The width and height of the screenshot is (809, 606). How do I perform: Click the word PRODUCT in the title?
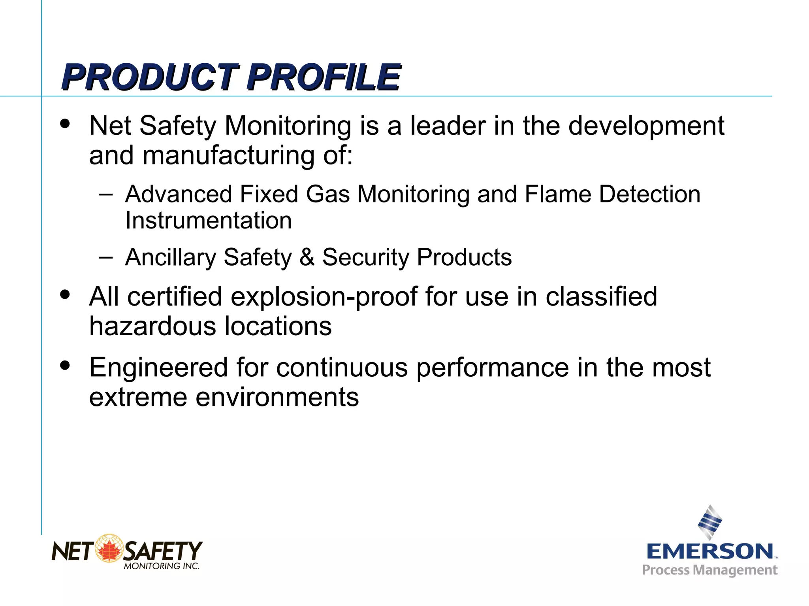pos(150,77)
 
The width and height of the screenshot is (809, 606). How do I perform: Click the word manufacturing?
pos(229,156)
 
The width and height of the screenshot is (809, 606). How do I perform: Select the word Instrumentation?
pos(209,220)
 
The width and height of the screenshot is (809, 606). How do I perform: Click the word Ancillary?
pos(170,257)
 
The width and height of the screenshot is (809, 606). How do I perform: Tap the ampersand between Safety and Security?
pos(307,257)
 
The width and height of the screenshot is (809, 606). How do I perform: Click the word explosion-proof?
pos(324,297)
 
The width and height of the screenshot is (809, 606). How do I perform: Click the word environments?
pos(277,397)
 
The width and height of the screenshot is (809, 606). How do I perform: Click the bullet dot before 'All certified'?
pos(65,295)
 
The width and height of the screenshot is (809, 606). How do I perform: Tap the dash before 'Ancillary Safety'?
pos(106,257)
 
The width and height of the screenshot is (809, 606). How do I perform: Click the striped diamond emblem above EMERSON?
pos(710,522)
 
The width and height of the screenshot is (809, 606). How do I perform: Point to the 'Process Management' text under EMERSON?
pos(709,570)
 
